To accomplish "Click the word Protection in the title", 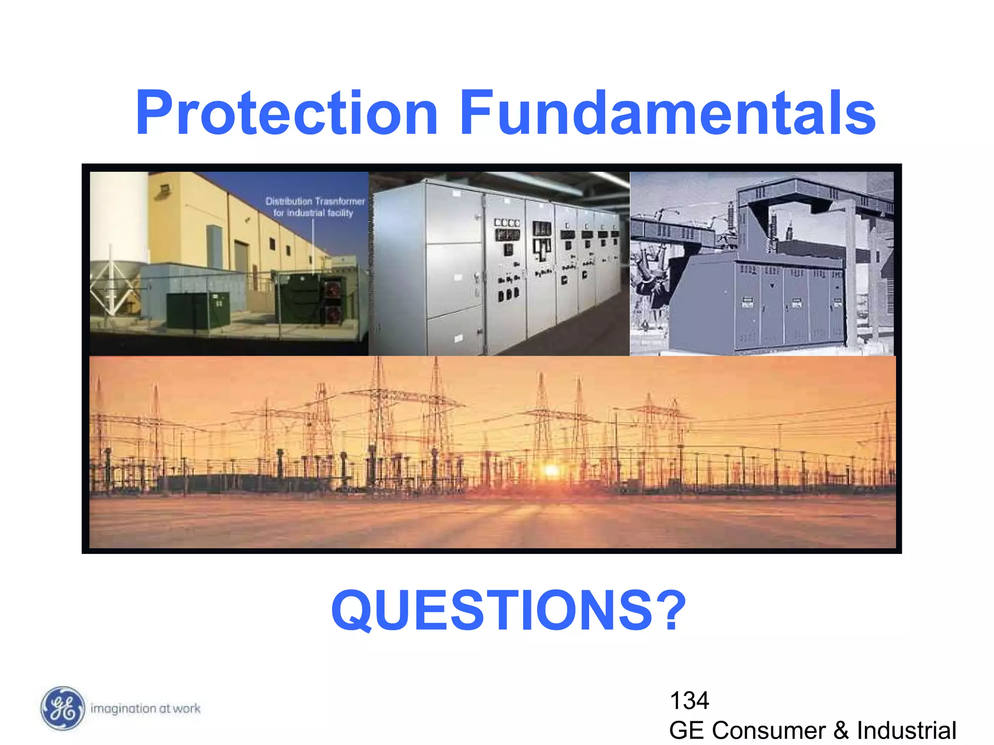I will pyautogui.click(x=286, y=113).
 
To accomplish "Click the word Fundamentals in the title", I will pyautogui.click(x=667, y=113).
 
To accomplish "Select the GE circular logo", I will pyautogui.click(x=63, y=708).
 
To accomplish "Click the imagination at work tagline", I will pyautogui.click(x=146, y=709).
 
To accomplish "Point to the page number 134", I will pyautogui.click(x=689, y=700).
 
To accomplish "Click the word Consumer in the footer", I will pyautogui.click(x=768, y=730).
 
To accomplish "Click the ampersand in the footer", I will pyautogui.click(x=841, y=731).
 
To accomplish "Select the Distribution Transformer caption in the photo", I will pyautogui.click(x=315, y=207).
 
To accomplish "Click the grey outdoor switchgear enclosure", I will pyautogui.click(x=757, y=303).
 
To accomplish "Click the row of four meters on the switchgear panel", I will pyautogui.click(x=507, y=223).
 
